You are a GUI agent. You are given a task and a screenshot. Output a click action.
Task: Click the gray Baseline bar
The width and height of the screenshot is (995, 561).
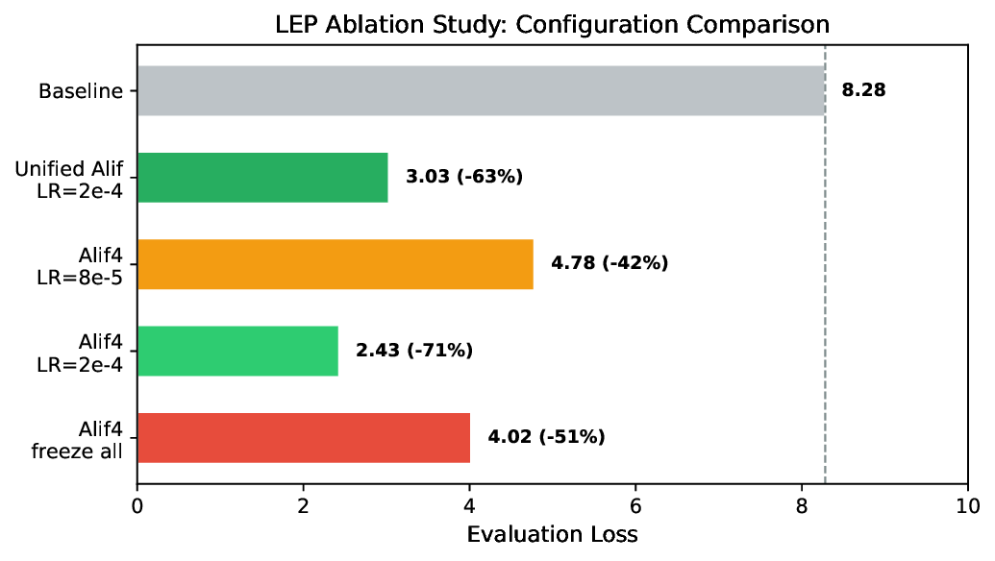coord(481,91)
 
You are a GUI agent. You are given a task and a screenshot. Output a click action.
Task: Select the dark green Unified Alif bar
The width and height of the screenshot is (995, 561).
coord(262,178)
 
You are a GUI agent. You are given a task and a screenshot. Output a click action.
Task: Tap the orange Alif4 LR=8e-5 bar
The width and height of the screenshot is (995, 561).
coord(335,264)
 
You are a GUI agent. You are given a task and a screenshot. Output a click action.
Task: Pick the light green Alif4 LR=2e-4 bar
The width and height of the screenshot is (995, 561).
coord(237,351)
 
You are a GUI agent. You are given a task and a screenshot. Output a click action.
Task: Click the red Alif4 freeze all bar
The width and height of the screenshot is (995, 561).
coord(304,438)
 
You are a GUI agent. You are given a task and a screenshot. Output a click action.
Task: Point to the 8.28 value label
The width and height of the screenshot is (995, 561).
coord(863,91)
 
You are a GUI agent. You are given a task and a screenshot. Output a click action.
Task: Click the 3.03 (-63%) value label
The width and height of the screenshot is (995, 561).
coord(463,178)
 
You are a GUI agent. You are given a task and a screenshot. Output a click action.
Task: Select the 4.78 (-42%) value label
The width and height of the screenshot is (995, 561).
coord(609,264)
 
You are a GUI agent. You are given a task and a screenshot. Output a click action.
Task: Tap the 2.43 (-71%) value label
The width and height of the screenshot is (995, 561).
coord(414,351)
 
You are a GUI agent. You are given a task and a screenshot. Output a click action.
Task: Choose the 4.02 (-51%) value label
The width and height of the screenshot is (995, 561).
coord(546,438)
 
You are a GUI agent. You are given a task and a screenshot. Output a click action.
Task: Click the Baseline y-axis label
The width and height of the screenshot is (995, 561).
coord(81,92)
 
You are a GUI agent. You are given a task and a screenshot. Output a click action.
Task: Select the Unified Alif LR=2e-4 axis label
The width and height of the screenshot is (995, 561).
coord(69,179)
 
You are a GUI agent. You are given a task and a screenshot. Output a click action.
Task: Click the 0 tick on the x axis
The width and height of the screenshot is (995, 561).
coord(137,506)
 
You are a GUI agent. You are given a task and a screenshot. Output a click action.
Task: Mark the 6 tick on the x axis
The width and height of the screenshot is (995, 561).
coord(635,506)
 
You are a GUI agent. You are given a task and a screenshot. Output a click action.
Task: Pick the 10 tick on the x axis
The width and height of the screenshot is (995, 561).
coord(967,506)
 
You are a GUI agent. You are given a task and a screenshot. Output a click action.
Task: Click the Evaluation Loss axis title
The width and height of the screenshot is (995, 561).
coord(552,534)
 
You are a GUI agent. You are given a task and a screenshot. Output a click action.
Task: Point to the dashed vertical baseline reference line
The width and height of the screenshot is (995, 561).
coord(825,288)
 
